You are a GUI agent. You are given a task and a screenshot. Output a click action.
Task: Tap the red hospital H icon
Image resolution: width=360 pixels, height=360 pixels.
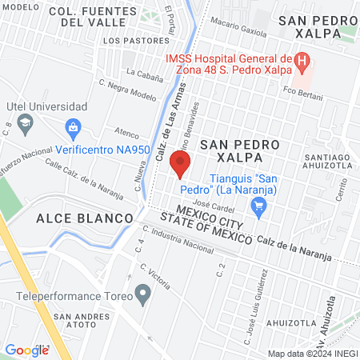pyautogui.click(x=302, y=60)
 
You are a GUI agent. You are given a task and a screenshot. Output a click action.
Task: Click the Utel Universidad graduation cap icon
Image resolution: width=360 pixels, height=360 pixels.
pyautogui.click(x=26, y=122)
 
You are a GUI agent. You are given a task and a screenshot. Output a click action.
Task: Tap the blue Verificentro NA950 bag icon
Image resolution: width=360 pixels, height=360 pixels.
pyautogui.click(x=74, y=127)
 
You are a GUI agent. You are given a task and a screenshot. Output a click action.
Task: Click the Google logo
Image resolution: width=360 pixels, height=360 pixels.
pyautogui.click(x=26, y=350)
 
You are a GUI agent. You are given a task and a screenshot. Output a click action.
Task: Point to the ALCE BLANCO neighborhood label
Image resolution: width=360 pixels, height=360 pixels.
pyautogui.click(x=83, y=218)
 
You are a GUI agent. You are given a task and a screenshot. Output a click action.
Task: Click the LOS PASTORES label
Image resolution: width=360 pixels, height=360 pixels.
pyautogui.click(x=129, y=40)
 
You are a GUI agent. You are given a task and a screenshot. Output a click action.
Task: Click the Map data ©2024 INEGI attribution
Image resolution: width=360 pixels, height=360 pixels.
pyautogui.click(x=312, y=354)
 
